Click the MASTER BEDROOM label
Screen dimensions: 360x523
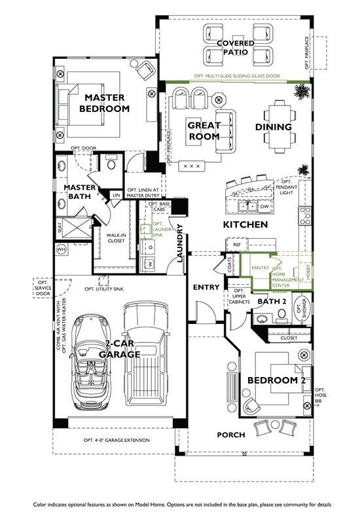[105, 103]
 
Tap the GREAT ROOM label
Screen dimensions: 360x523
[204, 131]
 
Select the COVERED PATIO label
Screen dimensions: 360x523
[236, 48]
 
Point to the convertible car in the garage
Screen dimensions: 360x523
[91, 361]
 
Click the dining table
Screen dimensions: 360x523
[280, 126]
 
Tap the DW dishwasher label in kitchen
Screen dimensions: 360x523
[264, 207]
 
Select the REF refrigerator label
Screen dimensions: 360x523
[236, 245]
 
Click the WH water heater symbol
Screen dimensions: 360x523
[62, 249]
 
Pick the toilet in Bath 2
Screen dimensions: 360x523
[282, 315]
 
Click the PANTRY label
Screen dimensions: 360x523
[261, 268]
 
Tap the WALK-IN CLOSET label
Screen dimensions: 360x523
[116, 238]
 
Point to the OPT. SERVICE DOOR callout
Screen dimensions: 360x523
[43, 288]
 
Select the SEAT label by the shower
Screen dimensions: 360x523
[60, 228]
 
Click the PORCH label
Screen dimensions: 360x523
[231, 435]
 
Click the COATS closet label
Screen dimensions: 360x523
[229, 265]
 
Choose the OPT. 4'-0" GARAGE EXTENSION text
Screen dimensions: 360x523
[117, 441]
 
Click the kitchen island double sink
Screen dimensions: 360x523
[247, 207]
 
